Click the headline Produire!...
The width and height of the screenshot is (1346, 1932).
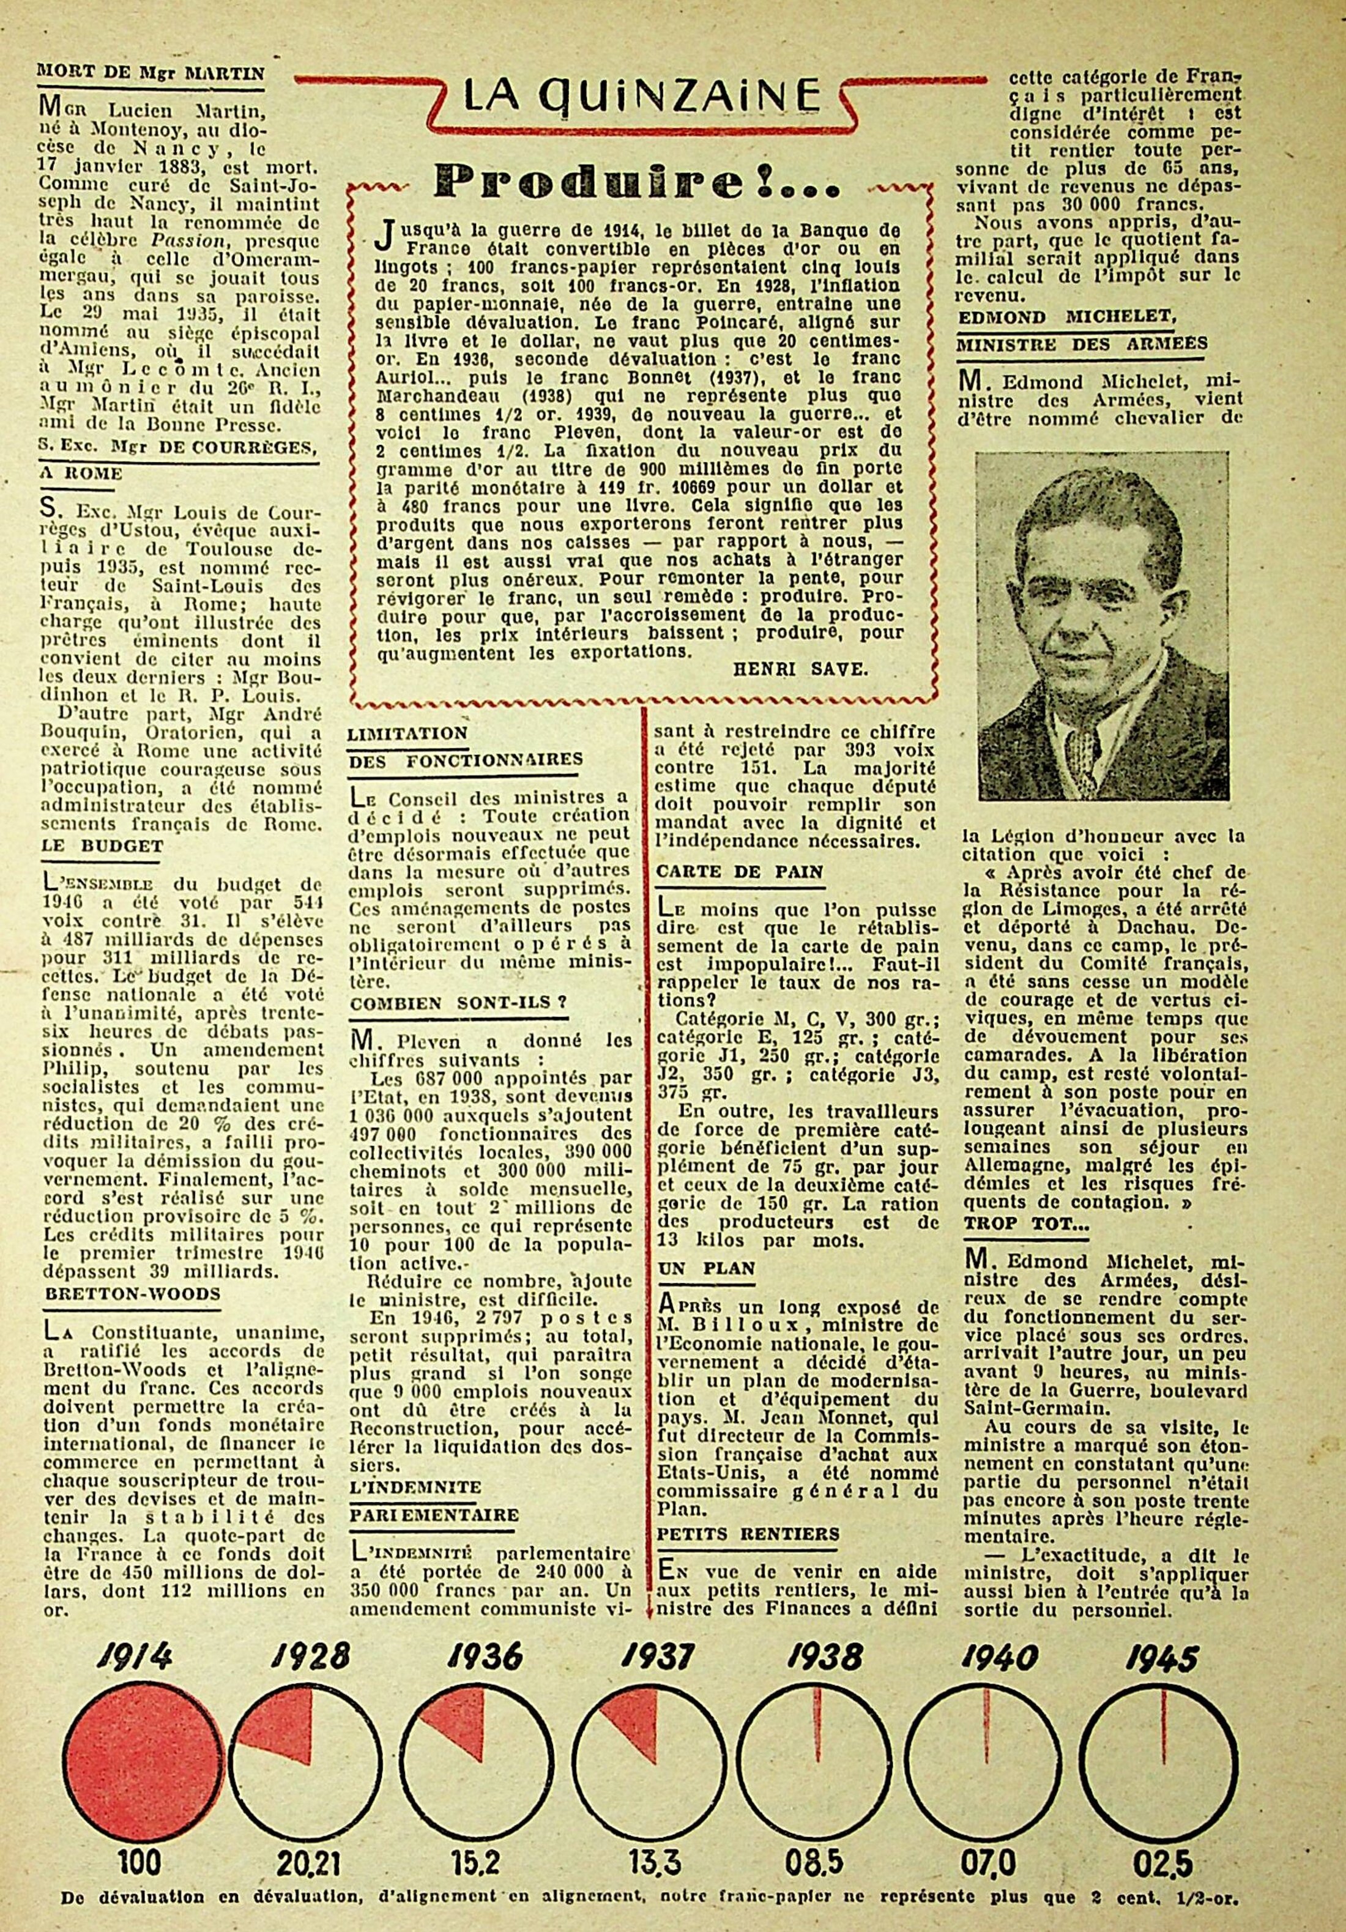[x=641, y=181]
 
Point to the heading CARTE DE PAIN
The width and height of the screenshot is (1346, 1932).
[x=740, y=872]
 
